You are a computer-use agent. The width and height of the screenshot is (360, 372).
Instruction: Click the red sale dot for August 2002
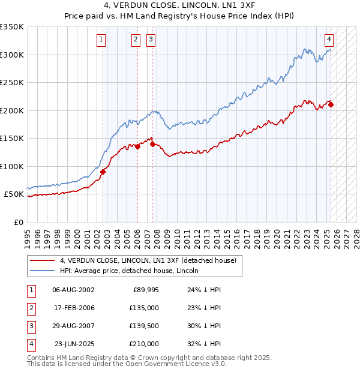click(x=103, y=172)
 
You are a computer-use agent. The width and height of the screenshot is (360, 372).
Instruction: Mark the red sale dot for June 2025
click(x=331, y=104)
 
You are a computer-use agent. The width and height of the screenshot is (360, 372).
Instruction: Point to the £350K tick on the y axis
click(x=12, y=27)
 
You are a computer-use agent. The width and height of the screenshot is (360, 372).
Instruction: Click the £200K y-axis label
click(x=12, y=110)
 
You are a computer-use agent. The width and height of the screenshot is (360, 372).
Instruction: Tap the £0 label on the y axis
click(x=18, y=222)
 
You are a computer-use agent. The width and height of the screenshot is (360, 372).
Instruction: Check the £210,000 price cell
click(x=144, y=344)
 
